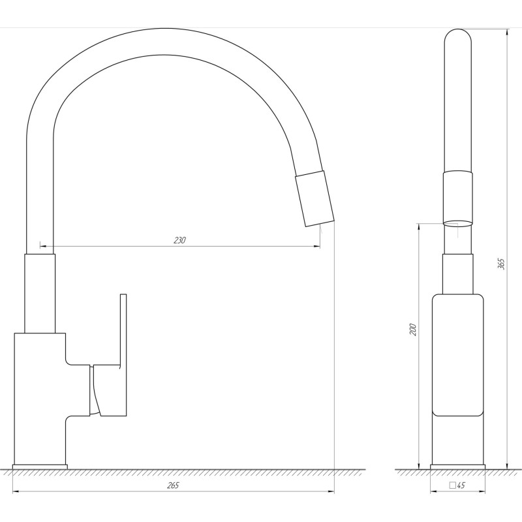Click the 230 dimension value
(x=179, y=240)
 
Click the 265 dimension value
(x=173, y=485)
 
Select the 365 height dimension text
(x=501, y=264)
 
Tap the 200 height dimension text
(x=413, y=330)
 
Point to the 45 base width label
(x=461, y=485)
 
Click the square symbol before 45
(x=453, y=485)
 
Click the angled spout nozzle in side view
(x=315, y=199)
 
